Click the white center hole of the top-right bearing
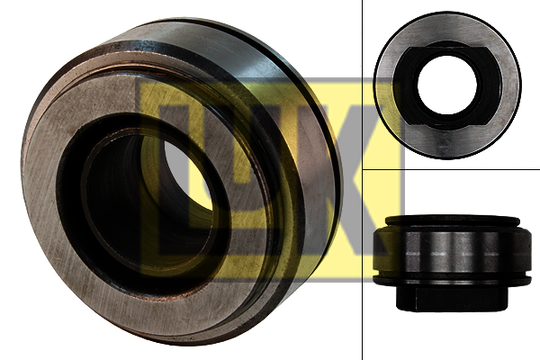coord(447,85)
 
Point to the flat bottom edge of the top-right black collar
coord(447,125)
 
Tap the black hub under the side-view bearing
coord(452,297)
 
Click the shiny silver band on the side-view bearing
coord(451,253)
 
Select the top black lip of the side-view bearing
coord(452,220)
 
